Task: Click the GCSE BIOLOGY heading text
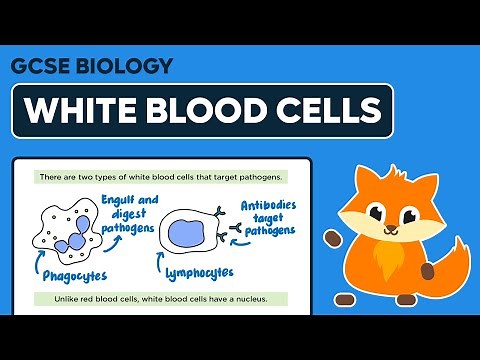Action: click(x=91, y=67)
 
